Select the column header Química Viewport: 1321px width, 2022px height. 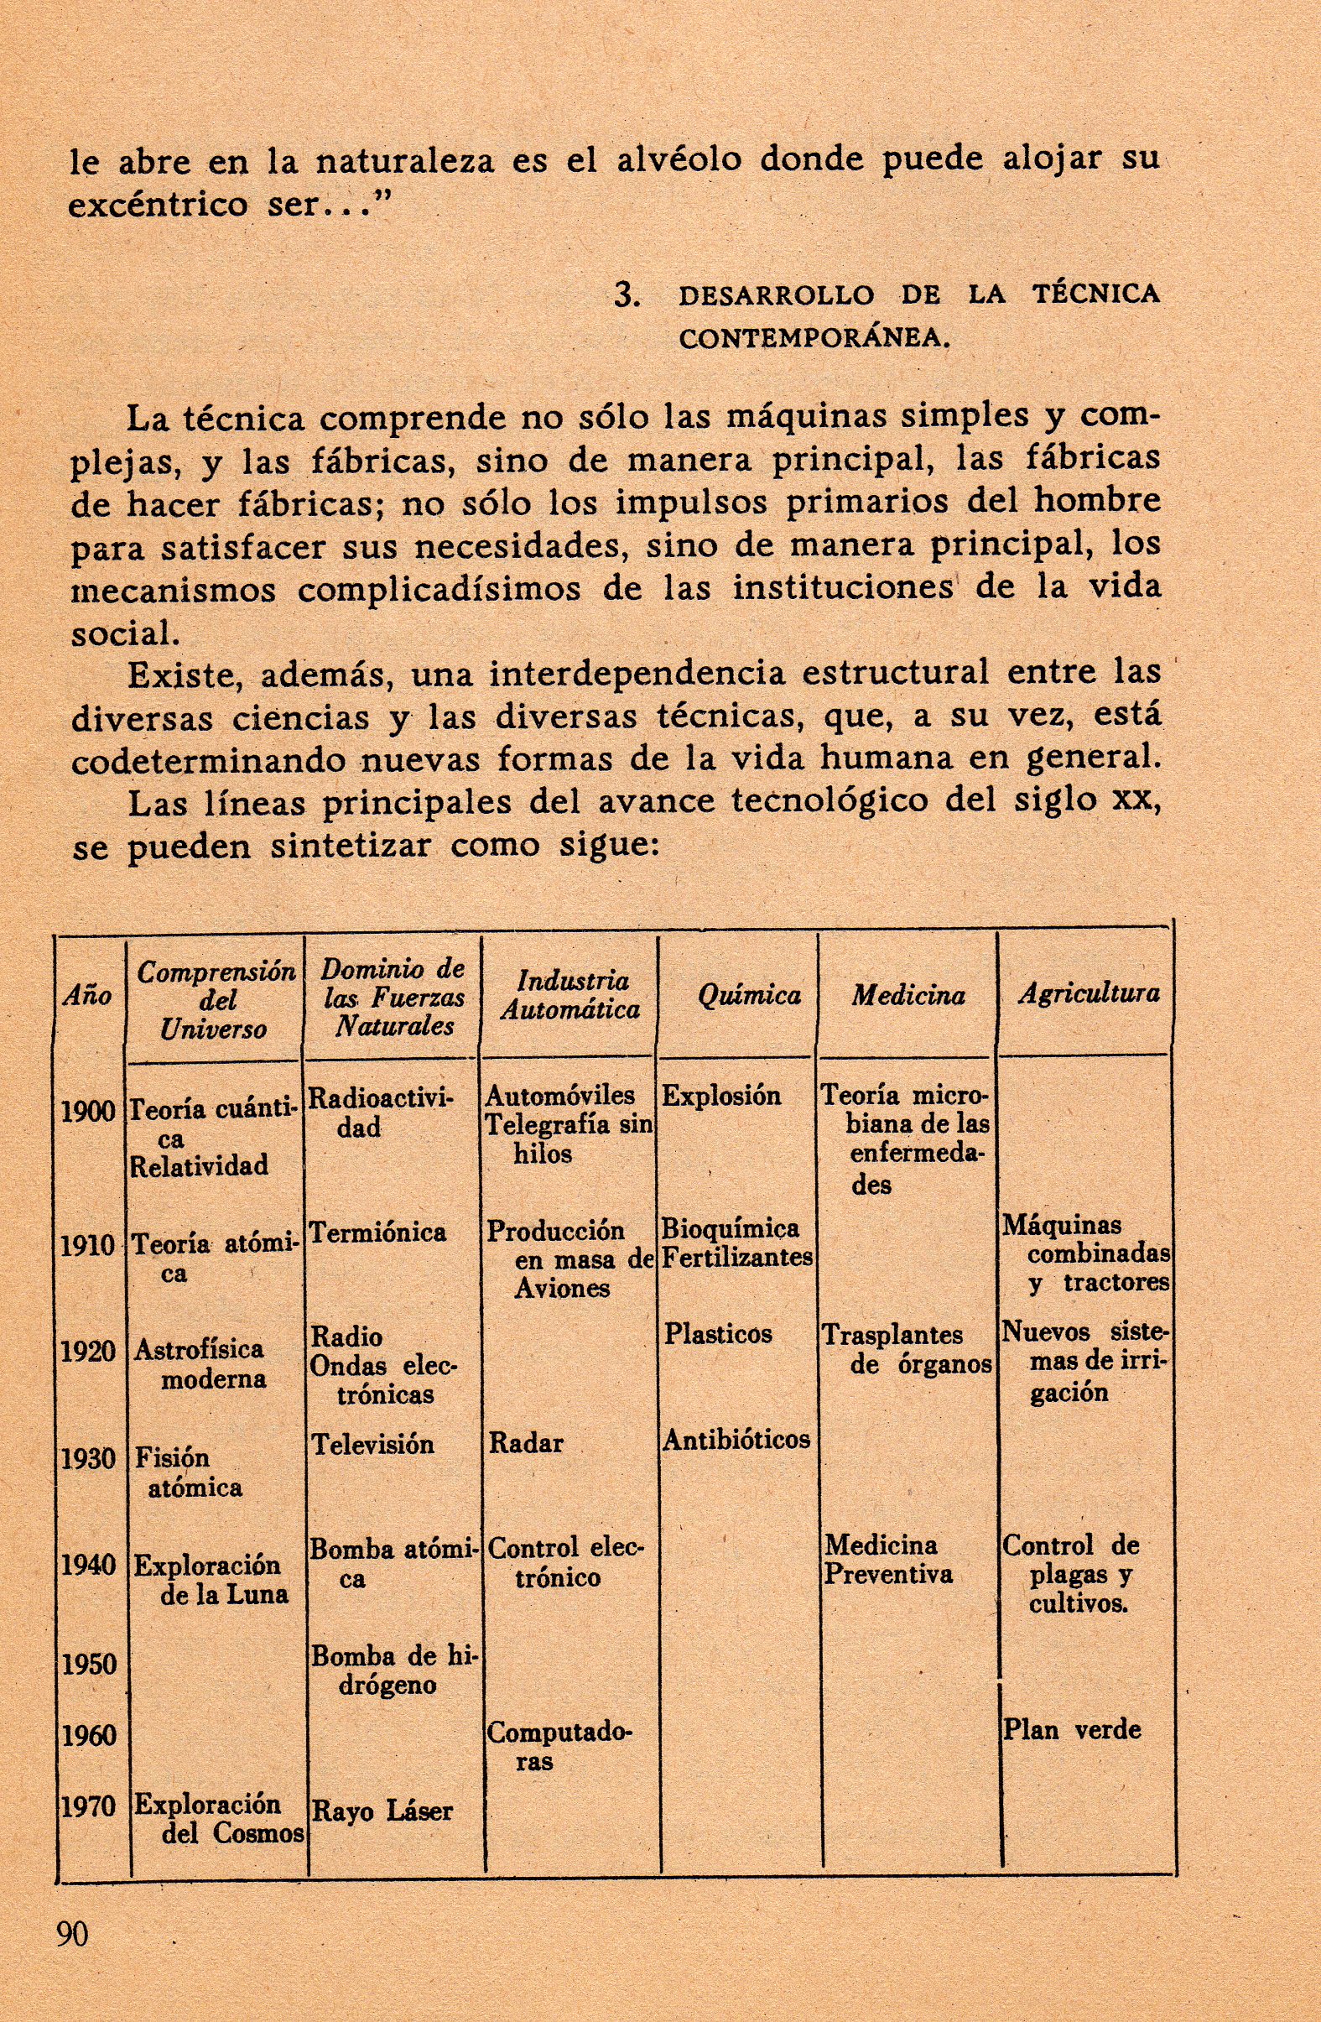pos(748,996)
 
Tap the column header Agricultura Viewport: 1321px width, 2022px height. pos(1088,993)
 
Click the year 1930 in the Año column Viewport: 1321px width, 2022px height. pos(87,1459)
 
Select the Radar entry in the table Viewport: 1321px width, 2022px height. pos(525,1442)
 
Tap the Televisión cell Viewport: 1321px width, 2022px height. pos(372,1443)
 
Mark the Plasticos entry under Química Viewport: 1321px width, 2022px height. pos(718,1334)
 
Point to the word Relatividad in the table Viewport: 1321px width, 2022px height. pos(198,1165)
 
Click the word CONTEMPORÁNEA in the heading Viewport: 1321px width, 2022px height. pos(812,338)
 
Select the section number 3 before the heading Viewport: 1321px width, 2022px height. pos(626,294)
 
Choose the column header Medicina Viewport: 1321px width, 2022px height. pos(908,996)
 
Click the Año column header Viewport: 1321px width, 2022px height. pos(86,996)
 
